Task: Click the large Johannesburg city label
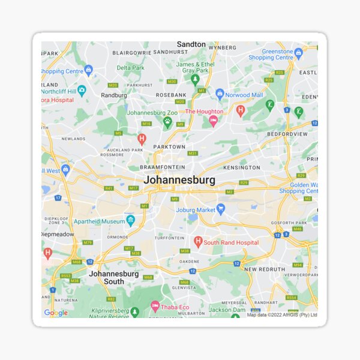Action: [x=179, y=179]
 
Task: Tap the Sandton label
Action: [x=191, y=44]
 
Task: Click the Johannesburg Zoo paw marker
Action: [x=167, y=121]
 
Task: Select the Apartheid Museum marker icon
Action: [x=130, y=220]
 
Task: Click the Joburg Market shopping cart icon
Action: [x=220, y=209]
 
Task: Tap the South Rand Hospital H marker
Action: [x=198, y=241]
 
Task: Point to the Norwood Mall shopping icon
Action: [x=220, y=94]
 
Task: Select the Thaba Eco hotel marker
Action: [x=155, y=307]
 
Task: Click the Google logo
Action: [x=56, y=313]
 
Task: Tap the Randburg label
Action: [x=114, y=95]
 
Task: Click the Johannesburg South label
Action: [x=114, y=277]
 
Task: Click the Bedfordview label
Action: [x=287, y=134]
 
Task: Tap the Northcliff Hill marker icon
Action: [x=82, y=90]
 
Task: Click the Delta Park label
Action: [x=131, y=68]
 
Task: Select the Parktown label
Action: [x=169, y=146]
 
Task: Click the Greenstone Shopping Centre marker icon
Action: [x=298, y=53]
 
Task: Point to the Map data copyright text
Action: [x=282, y=314]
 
